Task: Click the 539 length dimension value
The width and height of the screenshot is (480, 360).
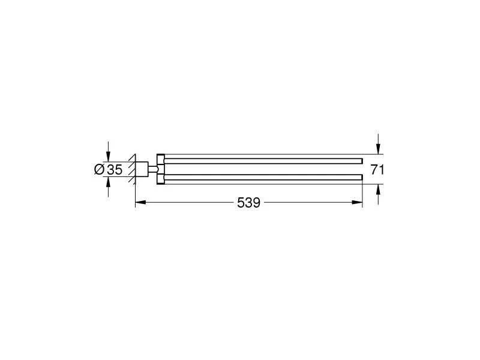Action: [x=248, y=203]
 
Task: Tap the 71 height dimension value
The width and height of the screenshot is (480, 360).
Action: [x=377, y=170]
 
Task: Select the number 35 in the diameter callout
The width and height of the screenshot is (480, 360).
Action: [x=115, y=170]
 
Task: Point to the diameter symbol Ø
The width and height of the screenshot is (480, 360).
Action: [x=100, y=170]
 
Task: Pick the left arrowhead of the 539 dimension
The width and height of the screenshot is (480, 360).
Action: [x=140, y=202]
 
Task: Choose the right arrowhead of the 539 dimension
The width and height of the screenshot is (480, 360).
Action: [x=357, y=202]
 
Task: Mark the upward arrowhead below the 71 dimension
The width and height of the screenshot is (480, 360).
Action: [x=379, y=189]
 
